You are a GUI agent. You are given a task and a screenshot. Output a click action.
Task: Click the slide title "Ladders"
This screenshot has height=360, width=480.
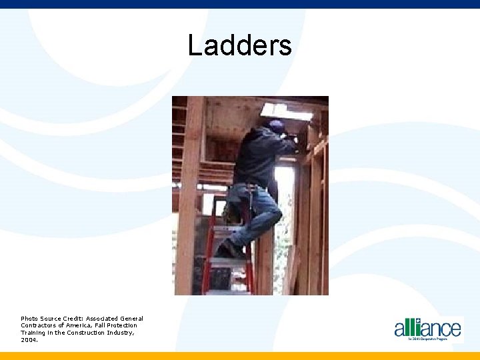(x=239, y=46)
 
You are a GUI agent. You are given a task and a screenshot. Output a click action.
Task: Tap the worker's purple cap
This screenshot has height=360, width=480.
(x=277, y=125)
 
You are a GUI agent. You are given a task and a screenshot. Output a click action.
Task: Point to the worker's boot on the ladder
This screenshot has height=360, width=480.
(x=229, y=249)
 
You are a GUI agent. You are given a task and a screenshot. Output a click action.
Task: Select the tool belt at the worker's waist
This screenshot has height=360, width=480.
(x=253, y=186)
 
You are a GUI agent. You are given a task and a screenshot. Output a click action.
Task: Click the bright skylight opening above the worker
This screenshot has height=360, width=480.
(x=287, y=111)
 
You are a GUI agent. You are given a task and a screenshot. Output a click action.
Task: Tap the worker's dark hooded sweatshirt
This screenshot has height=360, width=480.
(x=260, y=157)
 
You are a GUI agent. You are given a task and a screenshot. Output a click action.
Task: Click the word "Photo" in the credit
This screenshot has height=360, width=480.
(x=29, y=319)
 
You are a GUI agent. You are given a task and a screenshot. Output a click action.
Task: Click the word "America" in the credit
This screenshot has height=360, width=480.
(x=80, y=325)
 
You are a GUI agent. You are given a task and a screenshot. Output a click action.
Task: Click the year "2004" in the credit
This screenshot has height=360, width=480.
(x=29, y=339)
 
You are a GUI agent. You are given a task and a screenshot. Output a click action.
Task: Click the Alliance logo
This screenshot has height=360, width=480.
(x=427, y=329)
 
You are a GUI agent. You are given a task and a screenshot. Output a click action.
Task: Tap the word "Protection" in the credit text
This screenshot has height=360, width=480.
(x=121, y=325)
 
